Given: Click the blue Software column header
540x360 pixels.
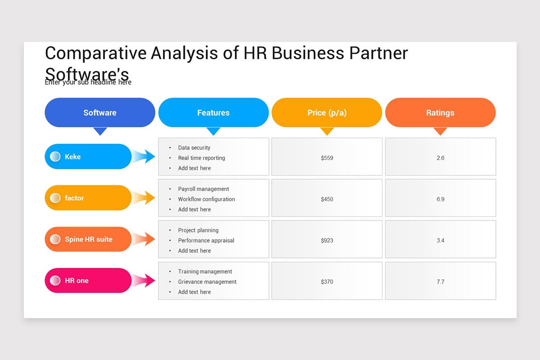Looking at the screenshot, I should pos(100,112).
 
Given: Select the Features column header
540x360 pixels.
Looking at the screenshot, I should pos(213,112).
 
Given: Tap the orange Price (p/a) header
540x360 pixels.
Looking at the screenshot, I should pos(327,112).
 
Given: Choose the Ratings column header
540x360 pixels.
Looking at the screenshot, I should pos(440,112).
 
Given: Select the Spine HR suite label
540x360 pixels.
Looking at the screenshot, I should pos(88,239).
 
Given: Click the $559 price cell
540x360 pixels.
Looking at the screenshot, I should pos(327,158).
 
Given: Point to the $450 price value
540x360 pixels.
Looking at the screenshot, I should pos(327,199).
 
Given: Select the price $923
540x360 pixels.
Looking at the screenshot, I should pos(327,241).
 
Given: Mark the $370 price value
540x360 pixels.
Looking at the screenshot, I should pos(327,282).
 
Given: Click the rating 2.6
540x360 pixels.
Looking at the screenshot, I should pos(441,158).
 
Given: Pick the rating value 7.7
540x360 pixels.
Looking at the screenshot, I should pos(441,282).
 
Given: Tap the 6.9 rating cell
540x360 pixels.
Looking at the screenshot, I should pos(441,199).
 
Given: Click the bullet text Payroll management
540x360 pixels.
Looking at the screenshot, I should pos(203,189).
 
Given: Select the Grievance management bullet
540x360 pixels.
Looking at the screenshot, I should pos(207,282).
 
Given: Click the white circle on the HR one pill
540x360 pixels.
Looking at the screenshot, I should pos(55,280).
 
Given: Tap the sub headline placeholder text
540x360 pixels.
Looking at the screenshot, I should pos(88,83).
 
